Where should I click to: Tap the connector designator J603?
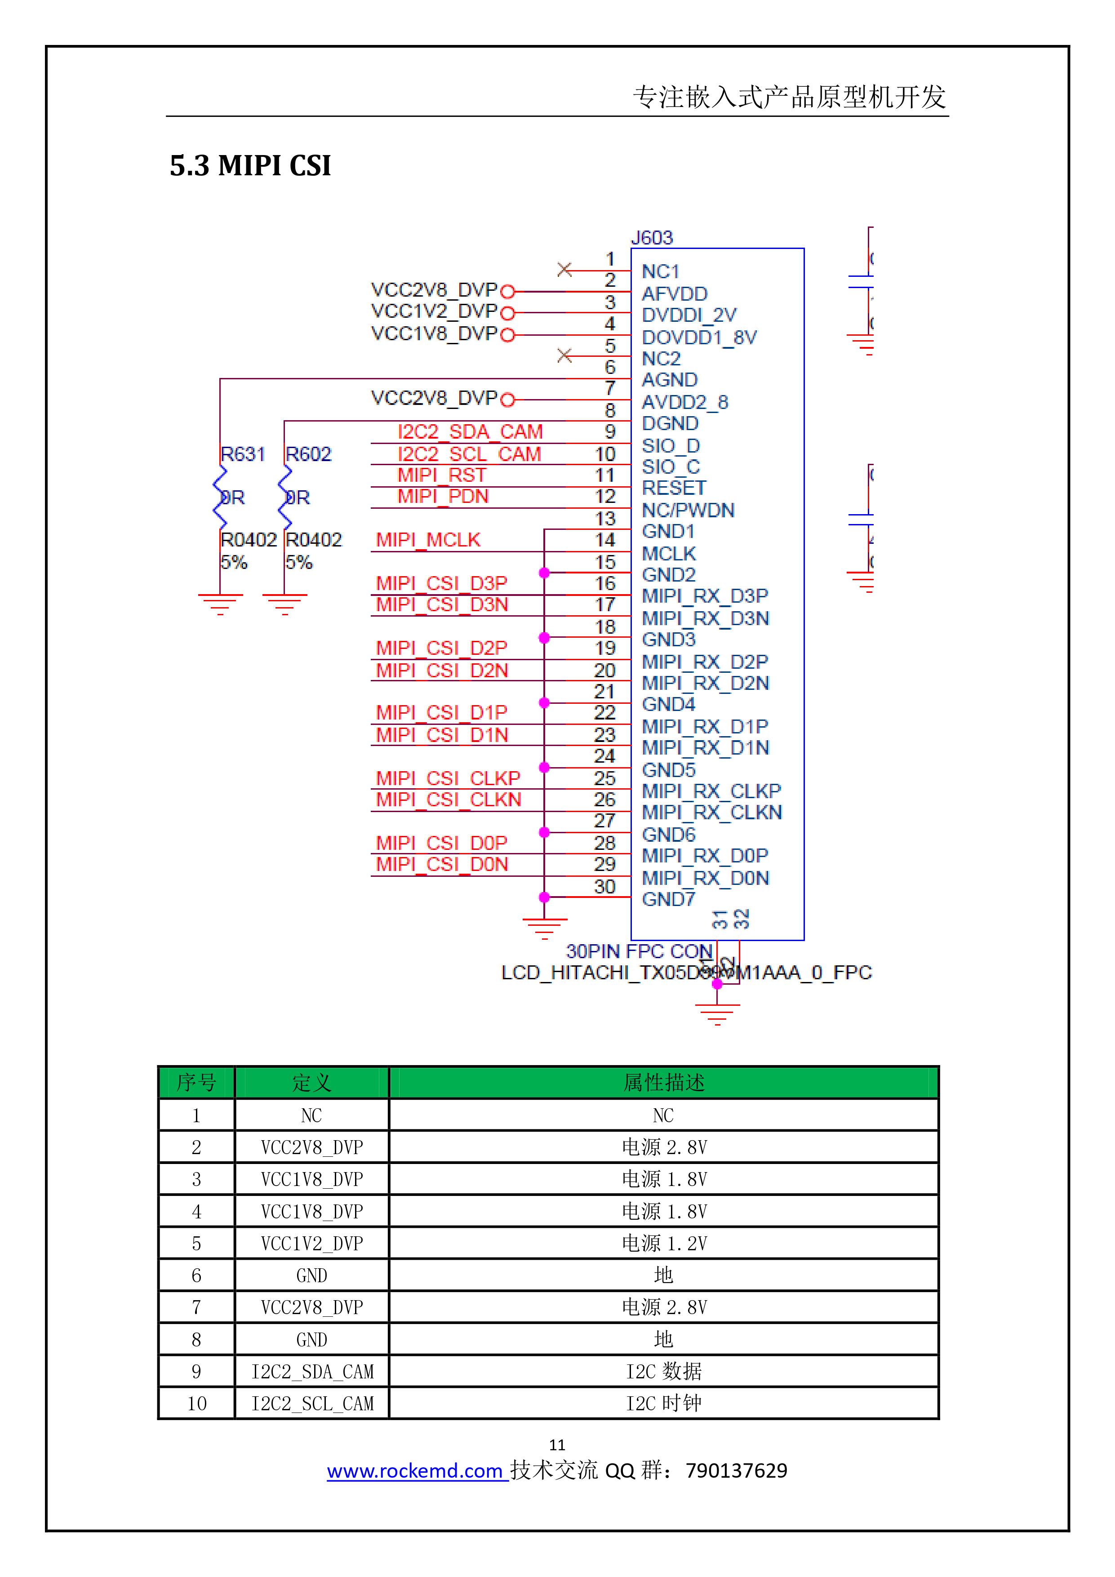(x=651, y=238)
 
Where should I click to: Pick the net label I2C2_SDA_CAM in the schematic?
(x=470, y=432)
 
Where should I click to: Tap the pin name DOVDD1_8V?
(x=699, y=337)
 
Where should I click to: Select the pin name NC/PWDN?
(x=688, y=511)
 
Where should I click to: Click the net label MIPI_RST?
(x=442, y=475)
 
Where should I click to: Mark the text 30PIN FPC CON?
(x=639, y=951)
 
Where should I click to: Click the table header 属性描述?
(x=663, y=1083)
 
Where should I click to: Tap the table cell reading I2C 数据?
(x=663, y=1371)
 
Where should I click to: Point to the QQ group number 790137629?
(x=737, y=1470)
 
